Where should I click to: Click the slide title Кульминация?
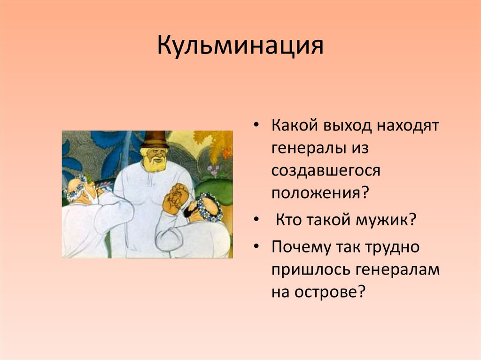(240, 46)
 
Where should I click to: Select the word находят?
(408, 125)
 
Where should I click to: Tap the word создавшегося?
(326, 171)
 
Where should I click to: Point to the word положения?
(319, 193)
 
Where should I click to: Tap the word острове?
(330, 292)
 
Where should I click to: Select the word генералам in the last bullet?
(398, 269)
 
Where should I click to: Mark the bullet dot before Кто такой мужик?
(256, 220)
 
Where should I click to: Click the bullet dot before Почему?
(256, 246)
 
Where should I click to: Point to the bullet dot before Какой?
(256, 125)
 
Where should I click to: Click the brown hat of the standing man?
(155, 139)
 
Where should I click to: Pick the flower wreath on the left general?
(76, 187)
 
